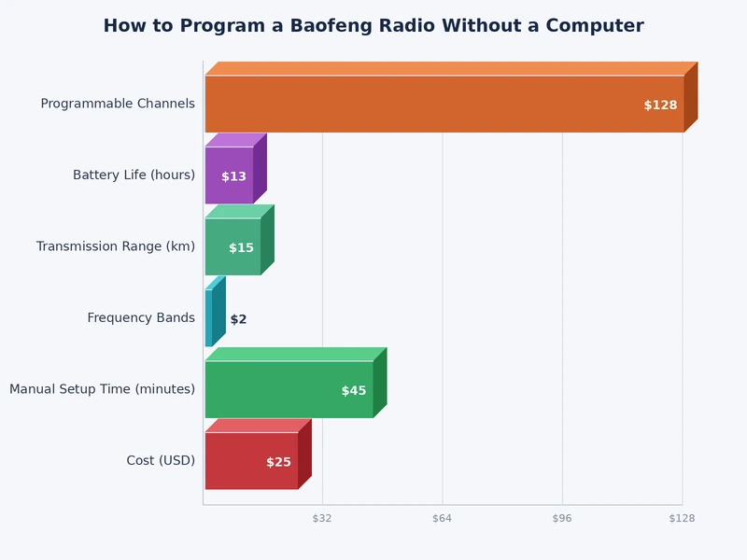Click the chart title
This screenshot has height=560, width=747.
373,26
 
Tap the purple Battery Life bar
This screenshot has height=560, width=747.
228,175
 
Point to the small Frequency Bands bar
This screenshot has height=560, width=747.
209,318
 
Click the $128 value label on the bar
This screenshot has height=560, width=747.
660,105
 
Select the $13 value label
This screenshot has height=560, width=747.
233,176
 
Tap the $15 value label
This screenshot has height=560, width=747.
241,248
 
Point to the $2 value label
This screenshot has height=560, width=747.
238,319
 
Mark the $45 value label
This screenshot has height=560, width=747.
353,391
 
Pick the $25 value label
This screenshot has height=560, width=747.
278,462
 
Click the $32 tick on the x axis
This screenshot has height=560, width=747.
322,518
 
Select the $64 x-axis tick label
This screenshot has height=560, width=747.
442,518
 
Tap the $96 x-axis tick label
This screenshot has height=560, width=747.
561,518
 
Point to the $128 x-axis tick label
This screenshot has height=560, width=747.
682,518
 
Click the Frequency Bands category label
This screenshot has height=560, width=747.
141,318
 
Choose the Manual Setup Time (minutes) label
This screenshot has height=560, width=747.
102,389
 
